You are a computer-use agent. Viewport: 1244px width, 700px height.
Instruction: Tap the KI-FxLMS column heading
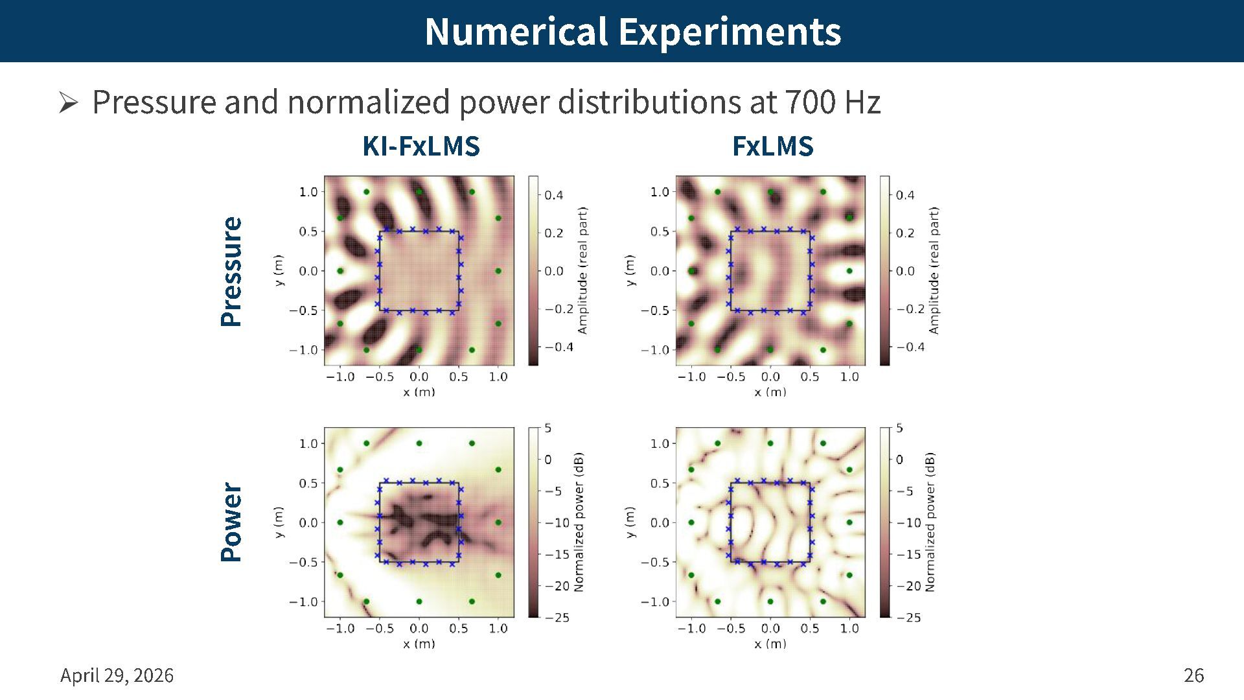click(x=421, y=146)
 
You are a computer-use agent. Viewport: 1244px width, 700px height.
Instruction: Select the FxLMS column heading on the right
click(x=772, y=146)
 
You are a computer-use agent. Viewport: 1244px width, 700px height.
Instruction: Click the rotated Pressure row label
click(x=231, y=272)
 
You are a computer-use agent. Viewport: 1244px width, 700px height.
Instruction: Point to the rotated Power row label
click(x=231, y=522)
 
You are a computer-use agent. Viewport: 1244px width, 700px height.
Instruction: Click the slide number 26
click(x=1193, y=675)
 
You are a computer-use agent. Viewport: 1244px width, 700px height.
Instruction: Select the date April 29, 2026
click(x=117, y=675)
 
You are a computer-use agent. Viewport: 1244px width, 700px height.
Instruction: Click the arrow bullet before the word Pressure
click(x=68, y=102)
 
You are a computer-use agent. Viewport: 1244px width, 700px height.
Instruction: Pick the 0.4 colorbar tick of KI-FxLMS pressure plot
click(x=553, y=195)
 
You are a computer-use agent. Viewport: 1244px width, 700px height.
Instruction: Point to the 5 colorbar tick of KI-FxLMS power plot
click(x=548, y=428)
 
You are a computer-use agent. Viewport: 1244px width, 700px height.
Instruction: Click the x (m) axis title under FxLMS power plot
click(x=770, y=644)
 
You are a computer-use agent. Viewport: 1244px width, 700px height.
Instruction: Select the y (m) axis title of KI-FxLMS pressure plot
click(x=279, y=271)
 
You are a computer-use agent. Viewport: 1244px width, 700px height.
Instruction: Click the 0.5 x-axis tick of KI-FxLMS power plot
click(x=458, y=628)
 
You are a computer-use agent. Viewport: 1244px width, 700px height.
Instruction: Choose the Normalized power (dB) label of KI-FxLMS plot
click(x=579, y=522)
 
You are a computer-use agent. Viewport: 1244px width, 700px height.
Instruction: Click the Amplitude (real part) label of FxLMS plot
click(x=934, y=271)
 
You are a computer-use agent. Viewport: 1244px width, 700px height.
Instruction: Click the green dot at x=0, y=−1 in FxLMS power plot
click(x=770, y=601)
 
